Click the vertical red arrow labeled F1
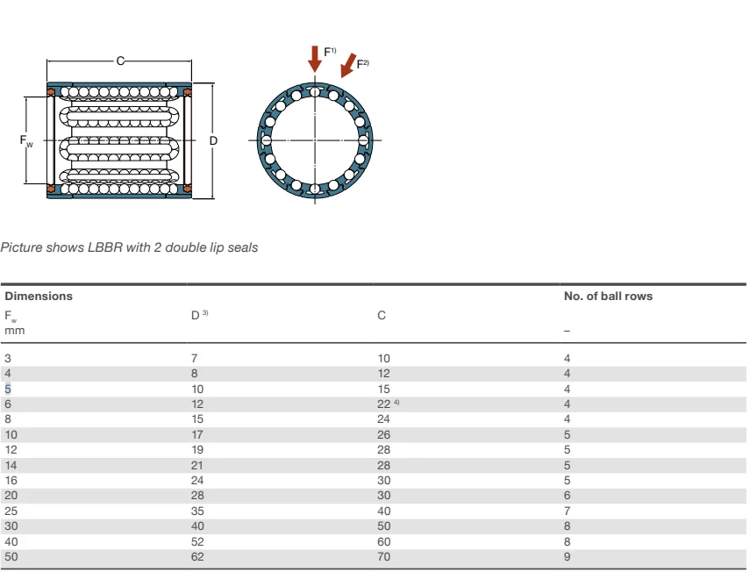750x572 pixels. (314, 60)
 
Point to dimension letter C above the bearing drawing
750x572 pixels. (120, 60)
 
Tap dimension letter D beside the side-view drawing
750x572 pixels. (213, 140)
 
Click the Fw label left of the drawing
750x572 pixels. (26, 140)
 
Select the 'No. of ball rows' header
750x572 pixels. (608, 296)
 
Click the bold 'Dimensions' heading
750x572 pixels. (39, 296)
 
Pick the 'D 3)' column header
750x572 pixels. (199, 315)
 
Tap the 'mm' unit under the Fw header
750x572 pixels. (15, 331)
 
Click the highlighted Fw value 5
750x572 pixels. (9, 389)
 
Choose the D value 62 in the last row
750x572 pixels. (197, 557)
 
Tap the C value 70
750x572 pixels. (383, 557)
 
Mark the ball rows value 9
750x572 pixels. (568, 557)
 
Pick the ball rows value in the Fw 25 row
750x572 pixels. (568, 511)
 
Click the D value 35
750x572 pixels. (197, 511)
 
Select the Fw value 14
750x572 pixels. (11, 465)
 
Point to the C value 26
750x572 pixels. (383, 434)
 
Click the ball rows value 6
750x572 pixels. (568, 496)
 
